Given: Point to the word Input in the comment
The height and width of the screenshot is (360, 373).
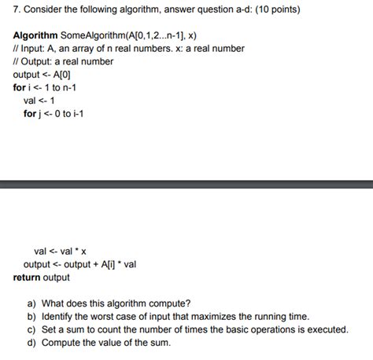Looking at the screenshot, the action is [x=35, y=49].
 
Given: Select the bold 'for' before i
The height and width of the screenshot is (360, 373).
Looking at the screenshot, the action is [x=19, y=87].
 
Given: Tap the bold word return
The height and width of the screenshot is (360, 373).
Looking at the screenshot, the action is [x=29, y=277].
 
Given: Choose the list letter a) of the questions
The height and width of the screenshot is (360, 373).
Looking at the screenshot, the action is [x=31, y=303].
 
